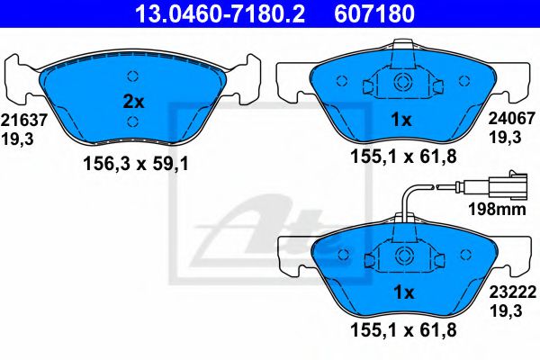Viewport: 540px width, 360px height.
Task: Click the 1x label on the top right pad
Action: tap(402, 120)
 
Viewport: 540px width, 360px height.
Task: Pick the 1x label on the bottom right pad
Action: tap(402, 293)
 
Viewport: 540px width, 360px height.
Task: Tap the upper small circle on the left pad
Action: tap(132, 76)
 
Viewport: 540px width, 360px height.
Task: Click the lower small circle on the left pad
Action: tap(132, 122)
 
